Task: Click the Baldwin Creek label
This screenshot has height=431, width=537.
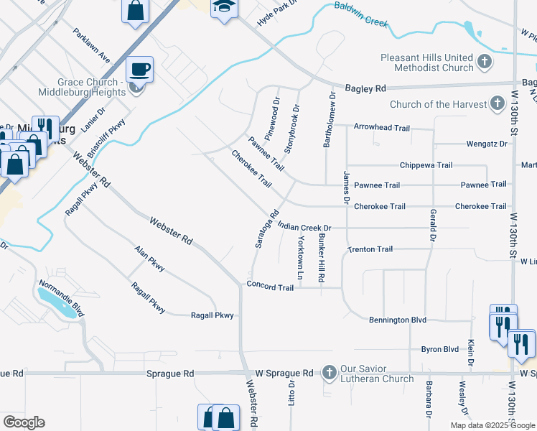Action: tap(360, 14)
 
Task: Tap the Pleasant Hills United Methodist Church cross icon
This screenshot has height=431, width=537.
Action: tap(485, 62)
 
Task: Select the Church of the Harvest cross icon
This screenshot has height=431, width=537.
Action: tap(496, 104)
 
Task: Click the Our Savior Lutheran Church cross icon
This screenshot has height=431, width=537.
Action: tap(329, 372)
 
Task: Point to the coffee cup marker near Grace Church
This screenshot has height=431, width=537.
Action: tap(140, 70)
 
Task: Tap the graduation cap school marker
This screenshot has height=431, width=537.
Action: tap(224, 7)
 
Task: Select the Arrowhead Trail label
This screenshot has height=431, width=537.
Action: tap(381, 128)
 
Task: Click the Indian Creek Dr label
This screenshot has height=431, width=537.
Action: tap(308, 227)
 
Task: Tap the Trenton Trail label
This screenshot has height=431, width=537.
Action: tap(370, 249)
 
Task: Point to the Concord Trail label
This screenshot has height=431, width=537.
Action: tap(270, 287)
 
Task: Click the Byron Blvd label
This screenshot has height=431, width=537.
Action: tap(439, 349)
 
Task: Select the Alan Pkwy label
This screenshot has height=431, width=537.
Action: tap(149, 259)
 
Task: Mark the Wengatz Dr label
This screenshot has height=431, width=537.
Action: tap(486, 144)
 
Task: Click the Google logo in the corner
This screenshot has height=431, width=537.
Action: tap(24, 422)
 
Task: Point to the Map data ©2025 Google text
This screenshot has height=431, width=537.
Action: tap(492, 425)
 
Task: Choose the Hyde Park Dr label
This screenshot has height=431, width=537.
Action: tap(276, 14)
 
